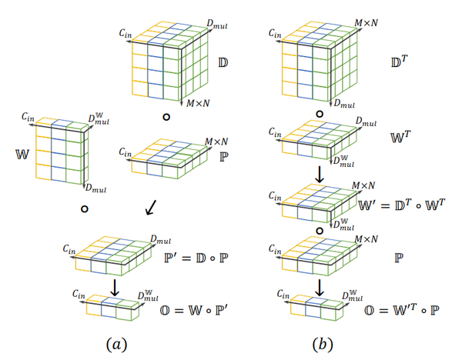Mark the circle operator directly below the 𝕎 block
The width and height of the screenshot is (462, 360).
point(84,208)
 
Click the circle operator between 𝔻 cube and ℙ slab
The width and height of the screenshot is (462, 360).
point(165,117)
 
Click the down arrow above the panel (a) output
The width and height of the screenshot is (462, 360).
point(114,285)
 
